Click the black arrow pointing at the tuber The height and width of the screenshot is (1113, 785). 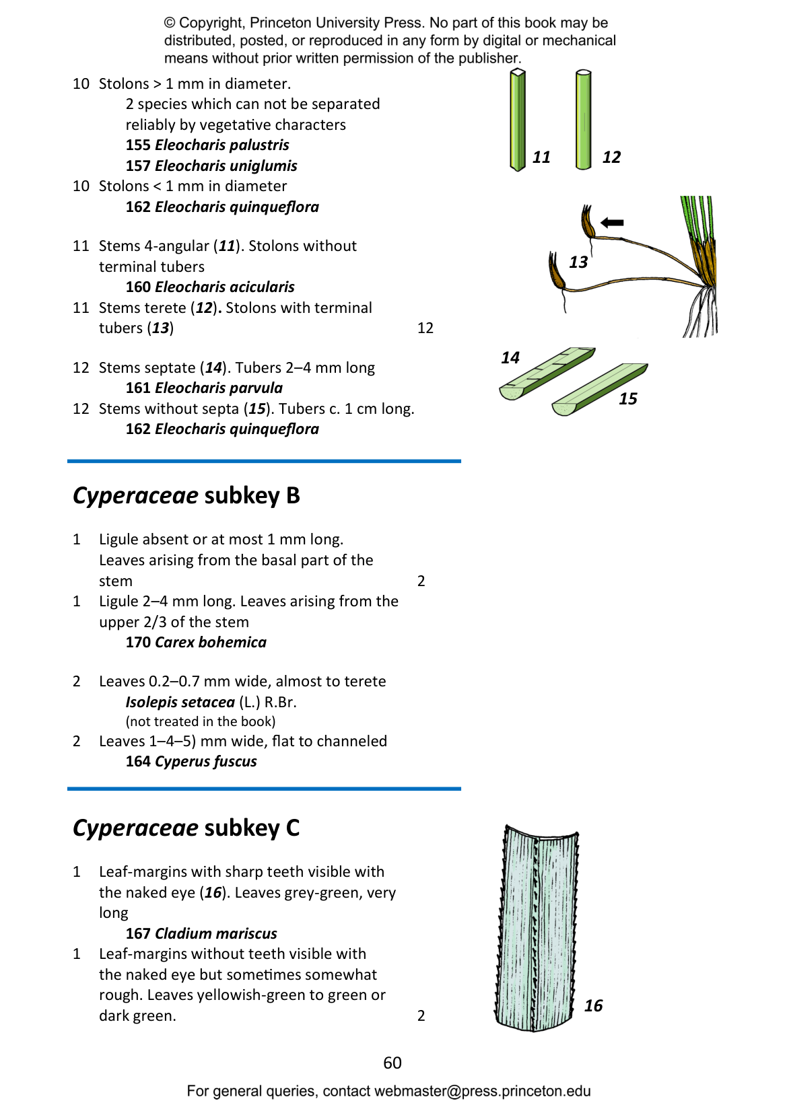(612, 223)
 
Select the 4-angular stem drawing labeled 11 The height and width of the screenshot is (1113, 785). (518, 120)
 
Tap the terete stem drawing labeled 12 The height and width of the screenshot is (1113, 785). (584, 120)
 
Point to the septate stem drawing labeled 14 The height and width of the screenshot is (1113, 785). (547, 373)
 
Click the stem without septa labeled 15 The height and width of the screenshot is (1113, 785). (600, 390)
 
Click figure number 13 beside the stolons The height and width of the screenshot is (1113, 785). (578, 262)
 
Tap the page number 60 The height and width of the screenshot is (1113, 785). (392, 1063)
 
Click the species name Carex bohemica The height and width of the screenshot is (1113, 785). (210, 642)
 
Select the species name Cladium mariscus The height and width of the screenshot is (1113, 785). (215, 933)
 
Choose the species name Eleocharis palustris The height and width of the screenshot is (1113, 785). (221, 145)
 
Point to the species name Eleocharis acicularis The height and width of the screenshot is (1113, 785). (225, 287)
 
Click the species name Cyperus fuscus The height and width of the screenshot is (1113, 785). (206, 761)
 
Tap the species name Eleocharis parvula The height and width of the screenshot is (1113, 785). (219, 388)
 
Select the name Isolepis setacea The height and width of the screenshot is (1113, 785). (180, 702)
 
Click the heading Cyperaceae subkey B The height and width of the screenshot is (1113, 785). (186, 495)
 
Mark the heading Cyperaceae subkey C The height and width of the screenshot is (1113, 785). (186, 828)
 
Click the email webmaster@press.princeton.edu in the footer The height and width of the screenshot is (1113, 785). (482, 1091)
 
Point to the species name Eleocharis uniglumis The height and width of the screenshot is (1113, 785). (226, 166)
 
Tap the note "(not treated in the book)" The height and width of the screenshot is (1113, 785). (201, 721)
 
